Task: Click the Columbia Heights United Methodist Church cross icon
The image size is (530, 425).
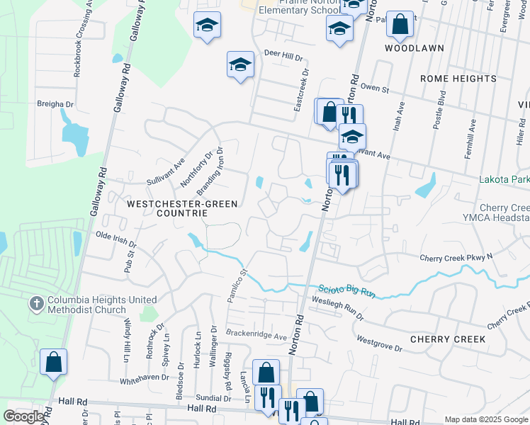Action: [x=38, y=304]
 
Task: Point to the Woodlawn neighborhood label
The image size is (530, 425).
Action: [x=415, y=48]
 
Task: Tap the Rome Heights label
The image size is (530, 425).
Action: [x=458, y=79]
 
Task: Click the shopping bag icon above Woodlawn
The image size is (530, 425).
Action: [x=400, y=25]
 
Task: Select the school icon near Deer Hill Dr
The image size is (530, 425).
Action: [x=240, y=65]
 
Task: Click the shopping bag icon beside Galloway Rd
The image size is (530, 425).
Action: [x=54, y=363]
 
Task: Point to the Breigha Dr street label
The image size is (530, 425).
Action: [x=55, y=103]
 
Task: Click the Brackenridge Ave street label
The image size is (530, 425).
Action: [x=256, y=333]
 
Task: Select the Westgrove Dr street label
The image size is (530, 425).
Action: [x=379, y=345]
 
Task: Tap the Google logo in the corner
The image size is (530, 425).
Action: [x=23, y=416]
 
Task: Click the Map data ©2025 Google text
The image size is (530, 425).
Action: [x=485, y=419]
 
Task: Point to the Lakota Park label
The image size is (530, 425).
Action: [x=504, y=180]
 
